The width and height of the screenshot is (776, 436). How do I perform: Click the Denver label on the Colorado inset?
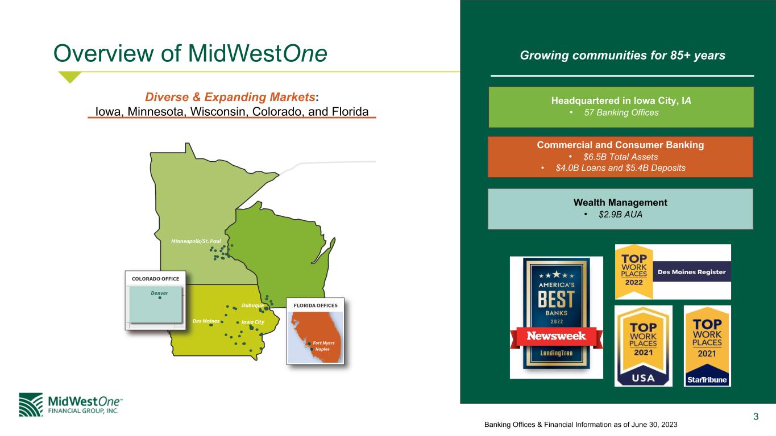[x=159, y=293]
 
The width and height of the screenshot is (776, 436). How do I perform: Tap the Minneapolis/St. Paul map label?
[x=196, y=241]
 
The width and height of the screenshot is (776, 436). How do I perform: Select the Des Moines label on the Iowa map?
[x=206, y=321]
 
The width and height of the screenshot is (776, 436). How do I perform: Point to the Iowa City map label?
[x=253, y=322]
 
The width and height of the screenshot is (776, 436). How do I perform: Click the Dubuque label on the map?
[x=252, y=305]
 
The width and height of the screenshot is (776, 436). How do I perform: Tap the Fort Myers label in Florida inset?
[x=323, y=343]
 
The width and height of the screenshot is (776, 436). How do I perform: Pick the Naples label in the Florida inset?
[x=322, y=349]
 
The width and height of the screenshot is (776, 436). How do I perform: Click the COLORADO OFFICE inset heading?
[x=156, y=279]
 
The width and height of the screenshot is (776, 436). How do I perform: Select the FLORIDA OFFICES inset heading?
[x=316, y=305]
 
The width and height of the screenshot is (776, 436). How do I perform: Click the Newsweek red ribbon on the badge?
[x=557, y=336]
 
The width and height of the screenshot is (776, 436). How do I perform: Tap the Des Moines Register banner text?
[x=691, y=272]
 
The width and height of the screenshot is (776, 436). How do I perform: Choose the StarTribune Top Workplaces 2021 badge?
[x=707, y=346]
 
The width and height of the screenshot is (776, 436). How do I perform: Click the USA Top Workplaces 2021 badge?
[x=644, y=346]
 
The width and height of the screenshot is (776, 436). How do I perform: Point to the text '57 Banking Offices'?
[x=621, y=112]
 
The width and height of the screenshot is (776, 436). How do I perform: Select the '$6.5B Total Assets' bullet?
[x=620, y=157]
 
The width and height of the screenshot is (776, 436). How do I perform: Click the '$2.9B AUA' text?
[x=620, y=215]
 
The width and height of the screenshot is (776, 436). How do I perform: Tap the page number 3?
[x=756, y=417]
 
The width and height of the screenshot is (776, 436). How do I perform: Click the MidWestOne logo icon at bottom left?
[x=31, y=405]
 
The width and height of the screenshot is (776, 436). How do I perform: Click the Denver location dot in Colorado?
[x=160, y=298]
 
